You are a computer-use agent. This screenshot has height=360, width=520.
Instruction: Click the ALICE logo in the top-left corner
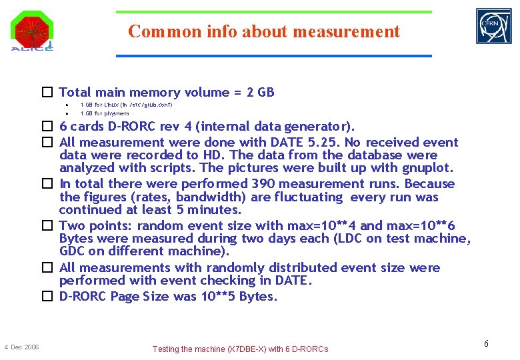31,31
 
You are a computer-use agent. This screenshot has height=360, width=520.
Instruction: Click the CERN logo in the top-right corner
493,26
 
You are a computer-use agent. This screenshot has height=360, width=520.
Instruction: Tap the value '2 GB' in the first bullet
260,93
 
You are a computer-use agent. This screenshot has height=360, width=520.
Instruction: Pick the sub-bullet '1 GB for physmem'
105,113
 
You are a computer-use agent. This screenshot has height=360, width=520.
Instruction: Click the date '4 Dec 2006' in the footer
21,347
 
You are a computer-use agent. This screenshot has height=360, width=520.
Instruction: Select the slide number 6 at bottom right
486,343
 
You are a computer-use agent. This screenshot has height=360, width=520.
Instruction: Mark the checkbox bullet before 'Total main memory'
48,93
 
